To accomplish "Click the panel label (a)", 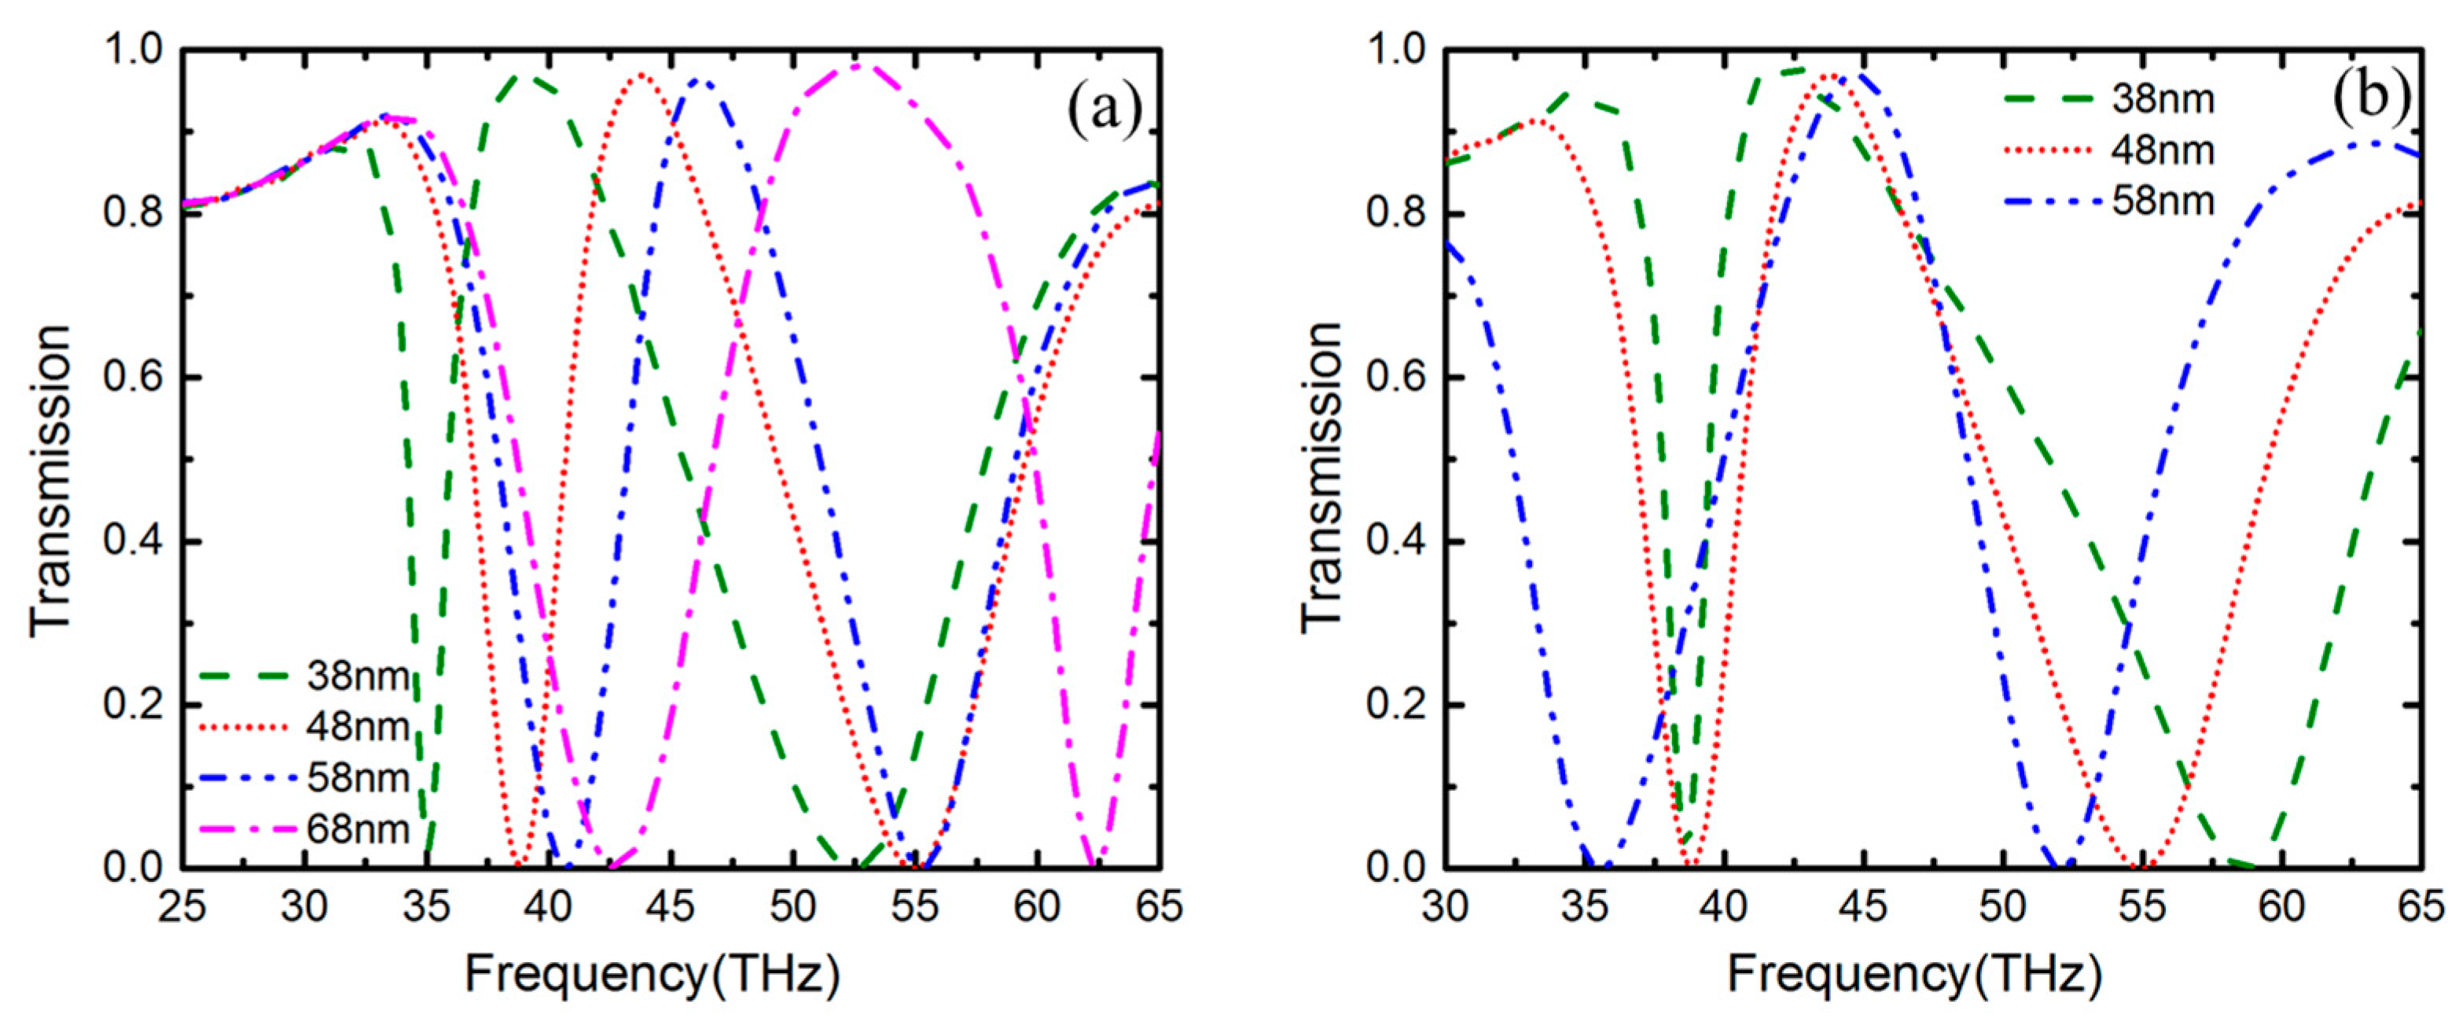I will pyautogui.click(x=1104, y=107).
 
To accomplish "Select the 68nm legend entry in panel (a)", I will pyautogui.click(x=358, y=829).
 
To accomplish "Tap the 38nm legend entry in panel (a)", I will pyautogui.click(x=358, y=677).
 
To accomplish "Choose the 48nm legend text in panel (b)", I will pyautogui.click(x=2162, y=151).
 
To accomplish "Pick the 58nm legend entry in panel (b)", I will pyautogui.click(x=2162, y=201).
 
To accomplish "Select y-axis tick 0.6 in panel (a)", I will pyautogui.click(x=133, y=378).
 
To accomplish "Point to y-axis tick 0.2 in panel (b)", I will pyautogui.click(x=1395, y=706).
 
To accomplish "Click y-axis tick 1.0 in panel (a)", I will pyautogui.click(x=133, y=50).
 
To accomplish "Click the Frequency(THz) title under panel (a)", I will pyautogui.click(x=652, y=976).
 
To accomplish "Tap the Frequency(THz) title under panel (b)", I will pyautogui.click(x=1915, y=976).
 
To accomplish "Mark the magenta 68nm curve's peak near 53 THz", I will pyautogui.click(x=859, y=65).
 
